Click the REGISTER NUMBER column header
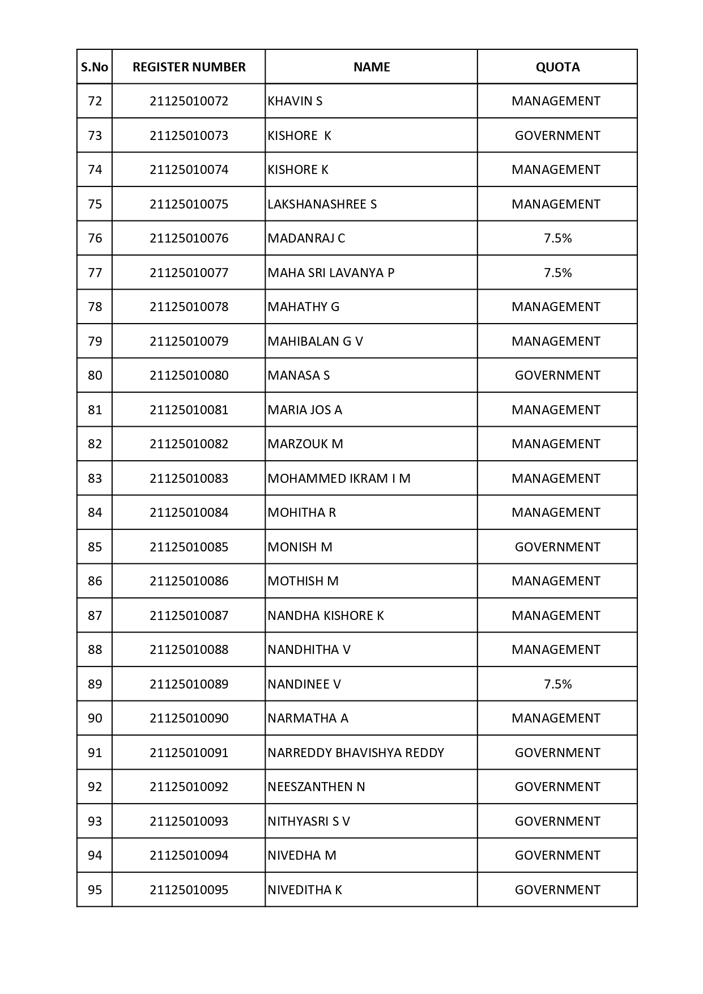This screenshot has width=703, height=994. [189, 67]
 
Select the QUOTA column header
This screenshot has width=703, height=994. [557, 67]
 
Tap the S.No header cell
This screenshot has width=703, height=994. [95, 67]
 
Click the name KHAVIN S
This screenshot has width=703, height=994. [295, 101]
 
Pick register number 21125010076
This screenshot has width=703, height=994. [189, 239]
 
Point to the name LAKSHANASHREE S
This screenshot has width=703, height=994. [322, 204]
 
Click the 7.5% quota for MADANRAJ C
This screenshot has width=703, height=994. [557, 239]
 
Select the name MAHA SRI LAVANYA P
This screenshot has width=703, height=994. [331, 273]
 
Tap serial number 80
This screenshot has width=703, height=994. [95, 375]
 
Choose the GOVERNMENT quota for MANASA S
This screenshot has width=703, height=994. [557, 375]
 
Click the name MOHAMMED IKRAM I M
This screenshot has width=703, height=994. [339, 478]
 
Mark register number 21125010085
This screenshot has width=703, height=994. [189, 547]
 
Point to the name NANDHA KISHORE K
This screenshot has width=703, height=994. [326, 615]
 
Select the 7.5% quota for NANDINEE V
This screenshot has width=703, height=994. [557, 684]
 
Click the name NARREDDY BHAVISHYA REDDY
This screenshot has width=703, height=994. [356, 753]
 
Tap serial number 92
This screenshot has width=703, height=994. [95, 787]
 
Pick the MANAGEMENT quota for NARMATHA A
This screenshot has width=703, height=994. [556, 718]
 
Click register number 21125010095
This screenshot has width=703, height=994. [189, 890]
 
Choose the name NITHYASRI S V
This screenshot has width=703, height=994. [309, 821]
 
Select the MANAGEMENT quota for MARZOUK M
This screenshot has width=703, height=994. [556, 444]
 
